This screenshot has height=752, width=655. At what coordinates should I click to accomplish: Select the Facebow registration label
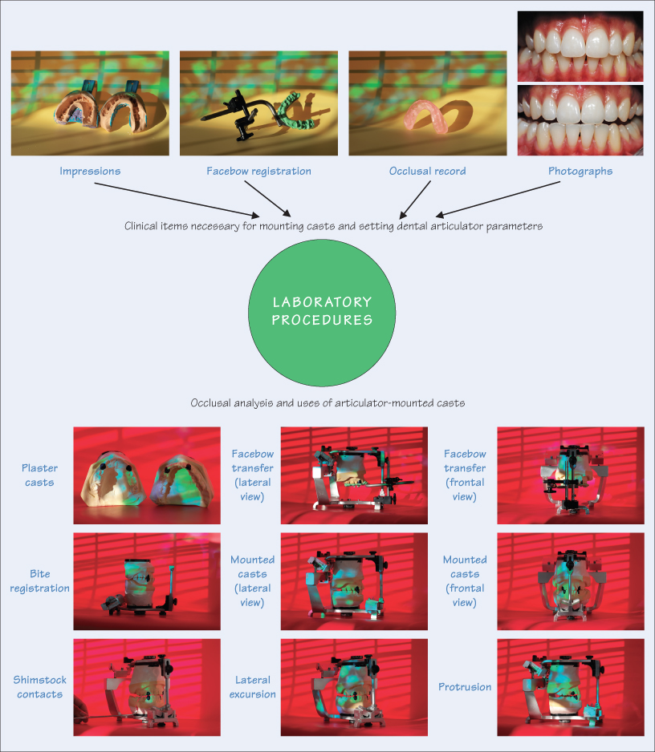[258, 171]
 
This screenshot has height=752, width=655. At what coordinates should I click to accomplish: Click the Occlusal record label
[426, 171]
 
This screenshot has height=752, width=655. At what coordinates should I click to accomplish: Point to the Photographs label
[580, 171]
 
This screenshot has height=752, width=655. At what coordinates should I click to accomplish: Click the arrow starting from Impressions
[176, 200]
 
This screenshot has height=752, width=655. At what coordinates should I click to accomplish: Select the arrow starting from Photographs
[498, 200]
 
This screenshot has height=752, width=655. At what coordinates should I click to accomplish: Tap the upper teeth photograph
[580, 45]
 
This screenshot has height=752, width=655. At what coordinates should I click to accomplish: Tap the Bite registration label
[39, 581]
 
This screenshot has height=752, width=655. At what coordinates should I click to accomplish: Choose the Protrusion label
[465, 687]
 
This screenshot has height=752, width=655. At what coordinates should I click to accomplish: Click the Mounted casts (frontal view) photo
[571, 580]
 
